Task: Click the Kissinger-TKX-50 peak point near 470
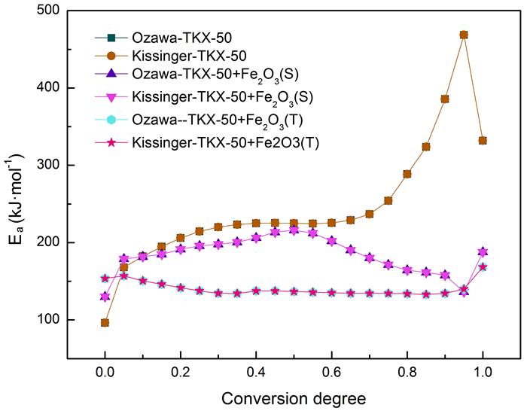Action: point(464,35)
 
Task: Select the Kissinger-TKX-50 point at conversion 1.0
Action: point(483,141)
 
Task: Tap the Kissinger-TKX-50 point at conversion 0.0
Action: point(105,322)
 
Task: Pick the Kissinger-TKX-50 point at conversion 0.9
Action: point(445,99)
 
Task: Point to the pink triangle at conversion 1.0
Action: point(483,252)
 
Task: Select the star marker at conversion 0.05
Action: point(123,276)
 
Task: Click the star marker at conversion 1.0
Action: point(483,266)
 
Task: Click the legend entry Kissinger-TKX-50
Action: point(172,56)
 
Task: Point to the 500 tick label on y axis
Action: point(49,11)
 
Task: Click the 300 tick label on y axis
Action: point(49,166)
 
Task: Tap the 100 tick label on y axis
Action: point(49,320)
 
